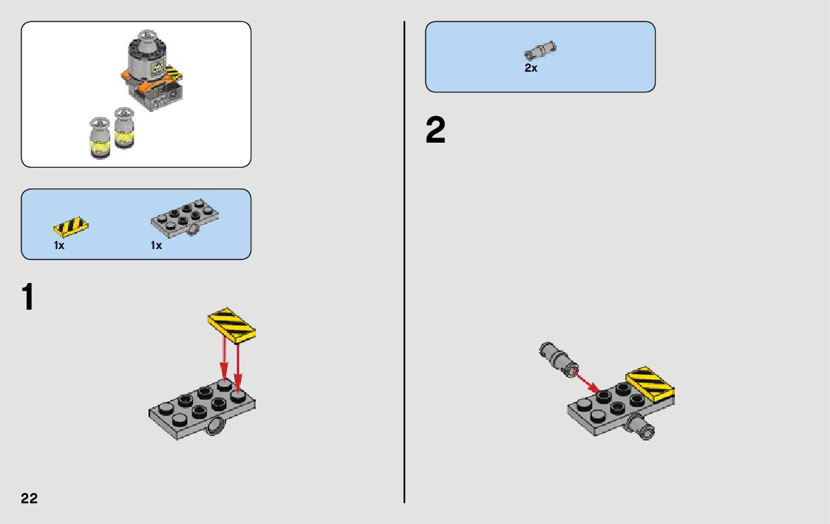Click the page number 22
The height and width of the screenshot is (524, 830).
coord(30,498)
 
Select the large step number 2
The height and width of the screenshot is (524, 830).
coord(436,131)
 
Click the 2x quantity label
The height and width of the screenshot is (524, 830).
coord(531,68)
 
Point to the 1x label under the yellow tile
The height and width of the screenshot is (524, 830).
coord(59,245)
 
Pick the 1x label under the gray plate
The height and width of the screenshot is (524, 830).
coord(156,245)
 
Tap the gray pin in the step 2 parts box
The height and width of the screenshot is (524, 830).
coord(541,51)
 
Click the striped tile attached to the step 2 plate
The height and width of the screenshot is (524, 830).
coord(650,384)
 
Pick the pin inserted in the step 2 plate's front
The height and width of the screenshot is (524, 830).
coord(640,427)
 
